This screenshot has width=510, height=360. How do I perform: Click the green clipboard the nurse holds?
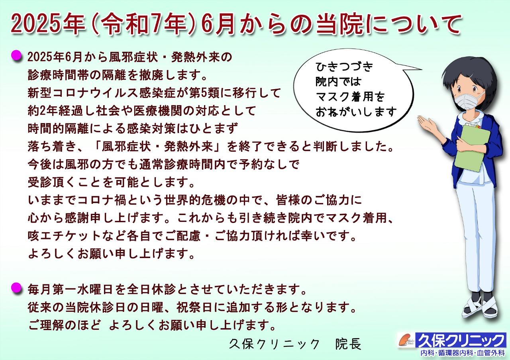(x=472, y=150)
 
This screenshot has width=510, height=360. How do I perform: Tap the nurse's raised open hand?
(x=428, y=124)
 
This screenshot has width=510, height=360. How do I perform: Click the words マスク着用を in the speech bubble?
(x=350, y=97)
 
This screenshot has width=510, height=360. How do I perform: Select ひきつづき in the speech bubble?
(x=344, y=67)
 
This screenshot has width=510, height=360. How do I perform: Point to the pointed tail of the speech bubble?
(x=421, y=69)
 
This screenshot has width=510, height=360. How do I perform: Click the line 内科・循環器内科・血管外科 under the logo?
(x=463, y=353)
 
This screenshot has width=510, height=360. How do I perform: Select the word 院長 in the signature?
(x=348, y=344)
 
